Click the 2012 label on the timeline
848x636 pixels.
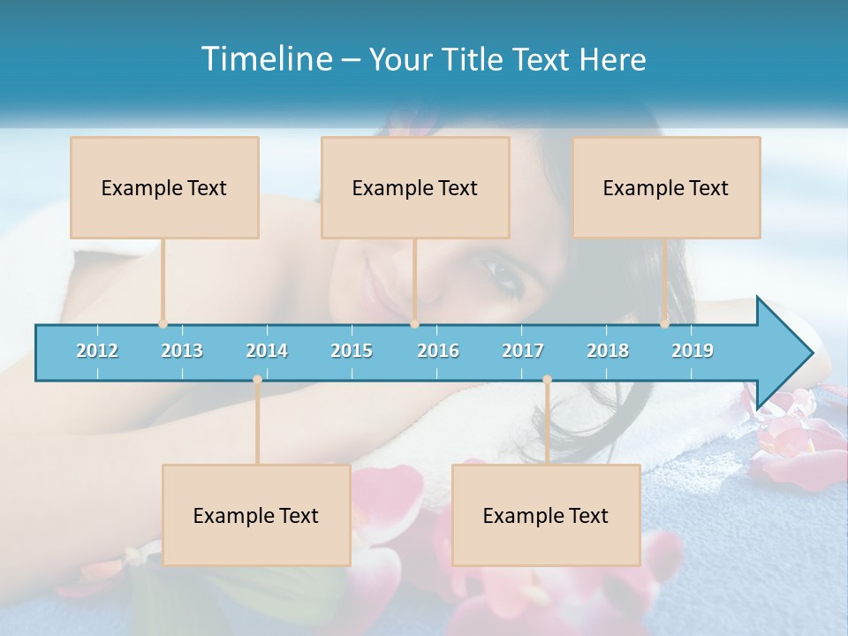pyautogui.click(x=97, y=351)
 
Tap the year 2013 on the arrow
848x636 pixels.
pyautogui.click(x=182, y=351)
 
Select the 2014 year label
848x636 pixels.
pyautogui.click(x=267, y=351)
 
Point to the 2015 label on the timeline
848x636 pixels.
pyautogui.click(x=352, y=351)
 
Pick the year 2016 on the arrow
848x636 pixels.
pyautogui.click(x=438, y=351)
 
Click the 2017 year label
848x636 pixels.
pyautogui.click(x=523, y=351)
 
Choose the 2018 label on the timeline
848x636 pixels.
pyautogui.click(x=608, y=351)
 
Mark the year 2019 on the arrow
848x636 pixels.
pyautogui.click(x=693, y=351)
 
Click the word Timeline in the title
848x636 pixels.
pyautogui.click(x=265, y=59)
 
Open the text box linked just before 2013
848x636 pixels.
pyautogui.click(x=164, y=187)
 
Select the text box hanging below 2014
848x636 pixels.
pyautogui.click(x=256, y=515)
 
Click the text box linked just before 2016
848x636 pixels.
pyautogui.click(x=415, y=187)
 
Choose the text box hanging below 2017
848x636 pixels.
pyautogui.click(x=546, y=515)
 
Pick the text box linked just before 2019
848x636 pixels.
pyautogui.click(x=666, y=187)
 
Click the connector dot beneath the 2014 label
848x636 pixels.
pyautogui.click(x=257, y=380)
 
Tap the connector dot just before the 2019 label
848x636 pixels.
pyautogui.click(x=664, y=324)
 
